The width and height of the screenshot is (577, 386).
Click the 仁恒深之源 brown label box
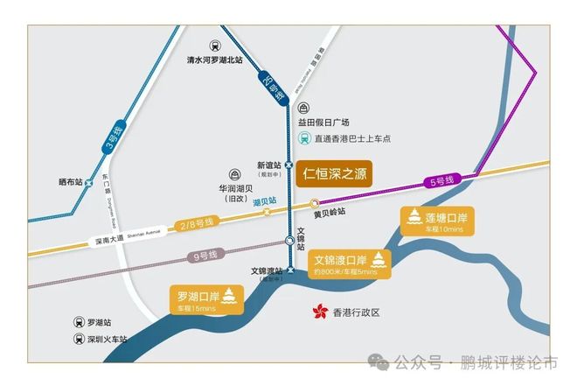point(333,172)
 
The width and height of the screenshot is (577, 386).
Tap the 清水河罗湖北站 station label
point(214,60)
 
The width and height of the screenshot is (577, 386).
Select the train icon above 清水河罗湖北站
point(214,46)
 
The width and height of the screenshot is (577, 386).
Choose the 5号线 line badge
point(443,181)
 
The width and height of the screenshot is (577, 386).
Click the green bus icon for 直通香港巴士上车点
point(303,137)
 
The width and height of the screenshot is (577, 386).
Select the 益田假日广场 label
point(323,123)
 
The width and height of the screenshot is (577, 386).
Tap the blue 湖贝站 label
point(265,201)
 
